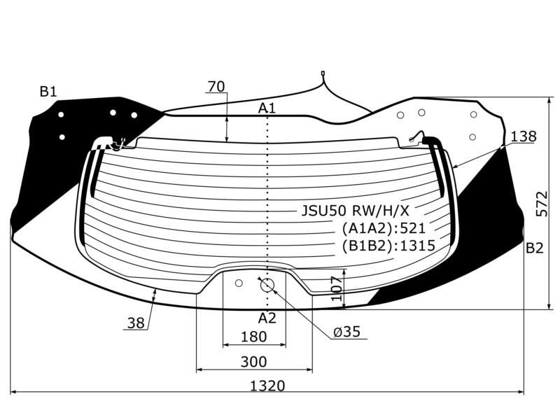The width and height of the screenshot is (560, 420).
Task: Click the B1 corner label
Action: point(48,92)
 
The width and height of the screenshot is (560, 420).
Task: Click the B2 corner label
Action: point(534,248)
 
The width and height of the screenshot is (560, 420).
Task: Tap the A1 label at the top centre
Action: point(267,108)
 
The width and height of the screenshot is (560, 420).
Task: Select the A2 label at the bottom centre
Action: point(267,318)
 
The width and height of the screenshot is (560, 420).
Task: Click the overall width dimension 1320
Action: point(267,386)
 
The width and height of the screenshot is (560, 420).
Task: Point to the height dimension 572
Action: point(542,204)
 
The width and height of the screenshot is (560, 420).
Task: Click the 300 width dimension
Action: point(253,362)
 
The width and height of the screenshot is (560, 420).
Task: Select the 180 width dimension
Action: point(253,337)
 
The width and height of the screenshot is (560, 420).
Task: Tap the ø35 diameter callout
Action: point(346,332)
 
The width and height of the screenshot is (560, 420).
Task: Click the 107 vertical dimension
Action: point(337,288)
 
